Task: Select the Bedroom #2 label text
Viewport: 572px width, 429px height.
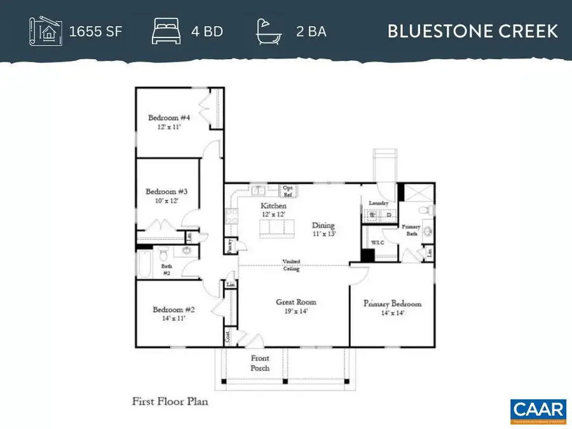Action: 168,314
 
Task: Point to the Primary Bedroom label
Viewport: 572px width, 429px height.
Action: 392,308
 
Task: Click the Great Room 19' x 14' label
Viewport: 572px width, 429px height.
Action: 296,306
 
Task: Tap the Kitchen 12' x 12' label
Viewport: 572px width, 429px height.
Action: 274,210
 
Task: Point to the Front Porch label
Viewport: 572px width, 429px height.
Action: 260,363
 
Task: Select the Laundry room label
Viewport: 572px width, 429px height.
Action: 378,203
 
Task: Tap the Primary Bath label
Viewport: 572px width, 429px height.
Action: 408,231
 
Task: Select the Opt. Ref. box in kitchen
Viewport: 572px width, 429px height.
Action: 288,192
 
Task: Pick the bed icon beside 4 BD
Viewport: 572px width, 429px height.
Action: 167,31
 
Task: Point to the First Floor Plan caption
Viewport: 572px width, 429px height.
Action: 170,401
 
